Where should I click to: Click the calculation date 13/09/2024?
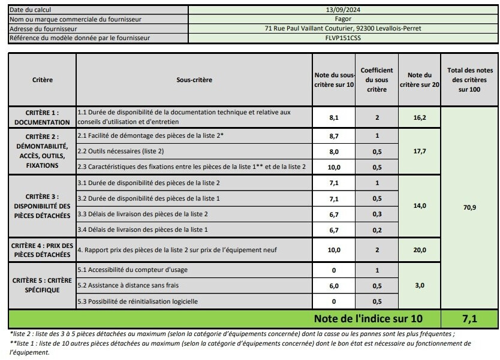pyautogui.click(x=342, y=10)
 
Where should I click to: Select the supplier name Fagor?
pyautogui.click(x=342, y=19)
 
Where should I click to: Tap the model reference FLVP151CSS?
pyautogui.click(x=342, y=38)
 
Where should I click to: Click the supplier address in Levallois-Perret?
pyautogui.click(x=342, y=28)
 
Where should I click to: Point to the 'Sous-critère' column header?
pyautogui.click(x=194, y=80)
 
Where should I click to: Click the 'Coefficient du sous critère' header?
pyautogui.click(x=376, y=80)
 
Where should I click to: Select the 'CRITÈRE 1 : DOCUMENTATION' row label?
pyautogui.click(x=42, y=117)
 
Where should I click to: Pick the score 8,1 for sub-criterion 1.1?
pyautogui.click(x=334, y=118)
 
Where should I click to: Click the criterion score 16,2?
pyautogui.click(x=420, y=118)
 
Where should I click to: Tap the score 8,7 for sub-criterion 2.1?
pyautogui.click(x=334, y=136)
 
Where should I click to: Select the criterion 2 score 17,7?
pyautogui.click(x=420, y=152)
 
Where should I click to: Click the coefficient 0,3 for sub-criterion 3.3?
pyautogui.click(x=376, y=214)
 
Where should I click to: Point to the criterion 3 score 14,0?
pyautogui.click(x=420, y=205)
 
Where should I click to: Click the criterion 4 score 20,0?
pyautogui.click(x=420, y=250)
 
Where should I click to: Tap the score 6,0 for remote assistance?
pyautogui.click(x=334, y=286)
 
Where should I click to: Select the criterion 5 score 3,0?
pyautogui.click(x=420, y=286)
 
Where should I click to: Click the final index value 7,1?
pyautogui.click(x=470, y=318)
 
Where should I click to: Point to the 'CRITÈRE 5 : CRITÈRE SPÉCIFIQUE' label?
pyautogui.click(x=42, y=285)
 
